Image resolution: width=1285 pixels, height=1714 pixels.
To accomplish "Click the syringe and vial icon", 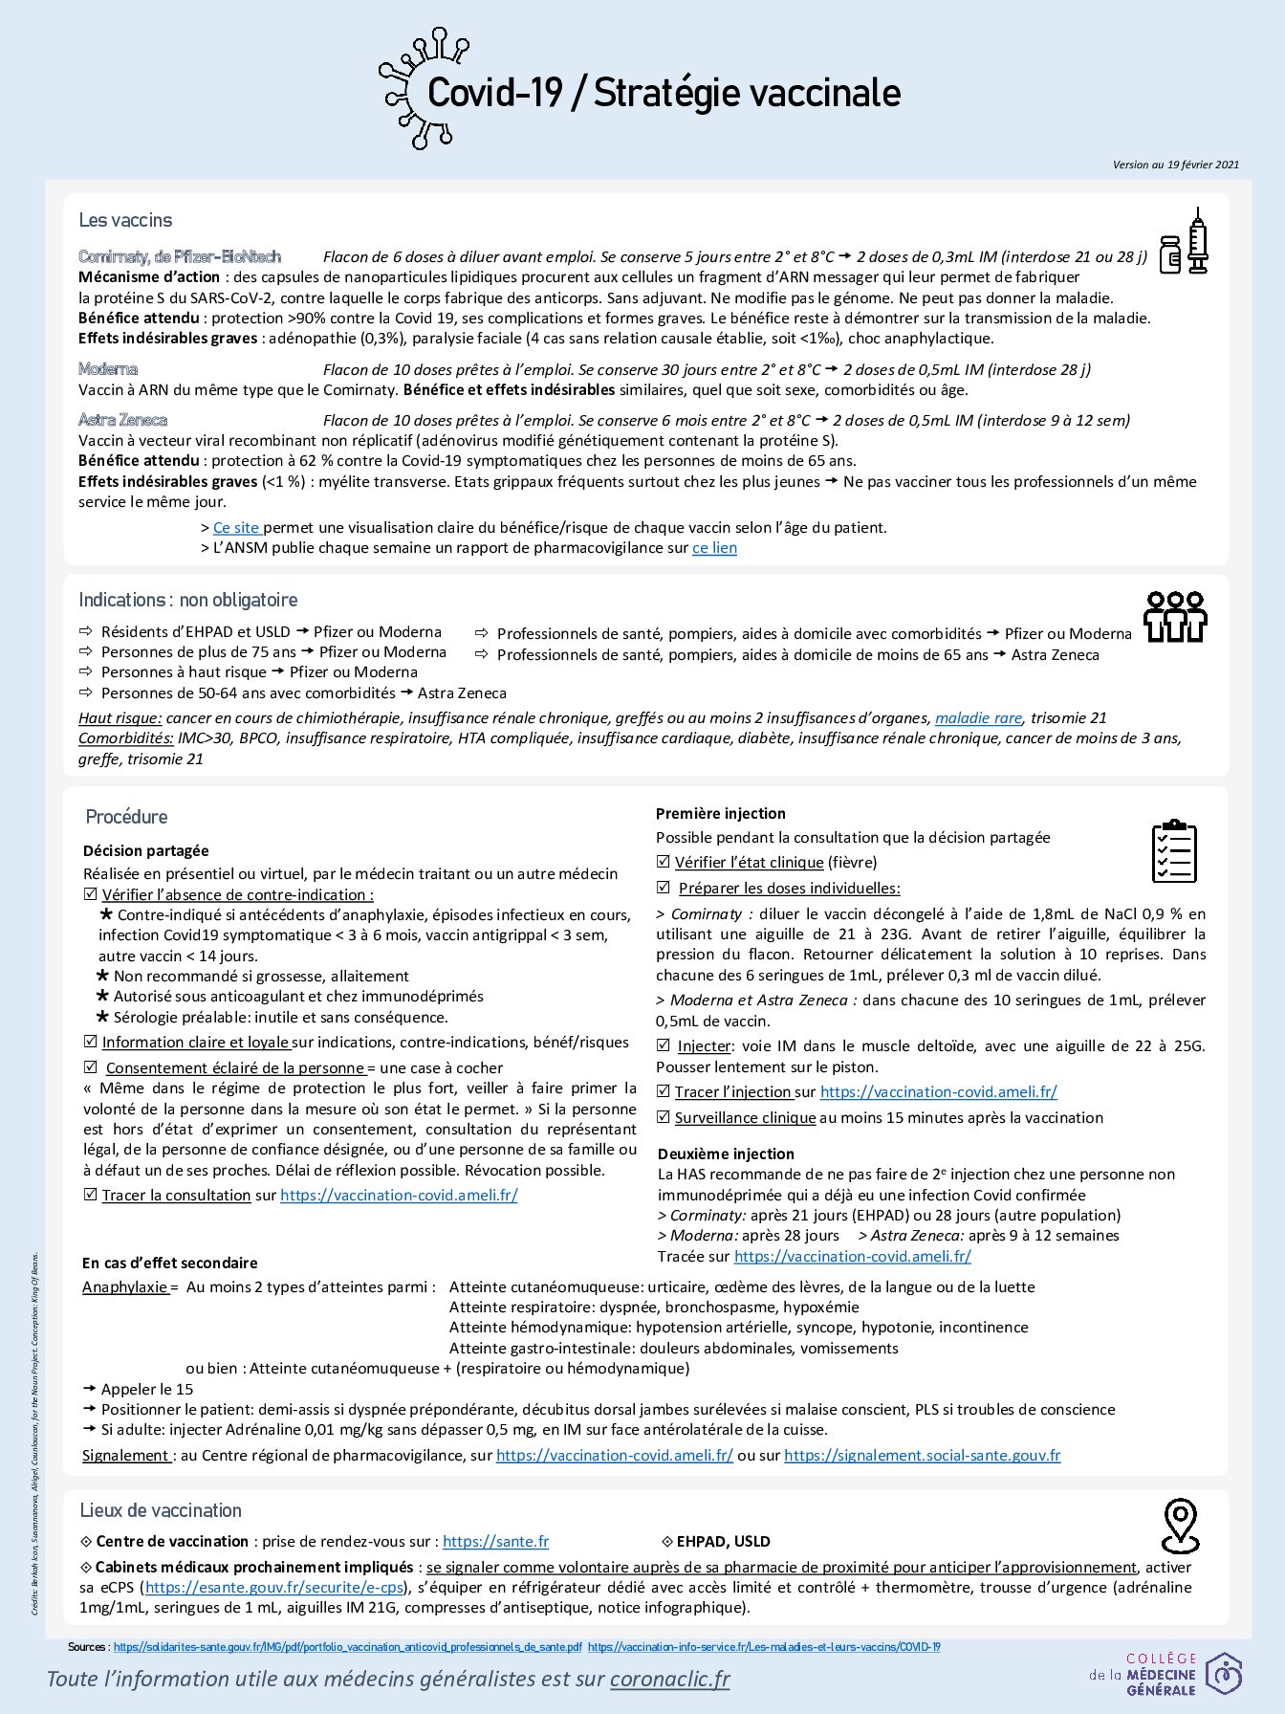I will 1184,243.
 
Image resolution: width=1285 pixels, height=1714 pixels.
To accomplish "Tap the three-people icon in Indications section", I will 1175,617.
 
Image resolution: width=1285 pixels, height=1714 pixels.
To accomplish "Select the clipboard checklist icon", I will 1174,850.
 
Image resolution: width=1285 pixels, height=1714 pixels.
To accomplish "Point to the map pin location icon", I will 1180,1526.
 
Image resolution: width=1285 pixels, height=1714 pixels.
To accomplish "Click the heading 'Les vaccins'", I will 125,220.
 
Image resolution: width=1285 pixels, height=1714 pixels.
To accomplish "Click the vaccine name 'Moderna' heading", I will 108,369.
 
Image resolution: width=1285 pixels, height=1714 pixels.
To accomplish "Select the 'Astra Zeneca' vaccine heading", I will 122,420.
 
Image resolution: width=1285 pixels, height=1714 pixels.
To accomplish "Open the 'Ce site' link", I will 236,528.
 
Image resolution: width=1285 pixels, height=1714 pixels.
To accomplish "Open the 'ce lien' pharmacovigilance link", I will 714,548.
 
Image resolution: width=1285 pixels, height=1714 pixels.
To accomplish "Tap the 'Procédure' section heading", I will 126,817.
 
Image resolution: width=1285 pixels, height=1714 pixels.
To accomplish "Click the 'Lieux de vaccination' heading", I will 161,1510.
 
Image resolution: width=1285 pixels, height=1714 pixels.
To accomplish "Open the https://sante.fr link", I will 495,1541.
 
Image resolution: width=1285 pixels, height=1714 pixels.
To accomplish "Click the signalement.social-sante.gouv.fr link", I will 922,1455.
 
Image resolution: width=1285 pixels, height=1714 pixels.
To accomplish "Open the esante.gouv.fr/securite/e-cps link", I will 273,1587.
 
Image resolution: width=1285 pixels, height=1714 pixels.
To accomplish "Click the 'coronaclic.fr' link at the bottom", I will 669,1679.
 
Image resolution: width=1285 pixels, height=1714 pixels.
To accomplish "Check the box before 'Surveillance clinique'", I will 664,1117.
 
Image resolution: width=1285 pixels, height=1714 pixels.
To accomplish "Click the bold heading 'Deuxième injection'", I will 726,1154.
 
